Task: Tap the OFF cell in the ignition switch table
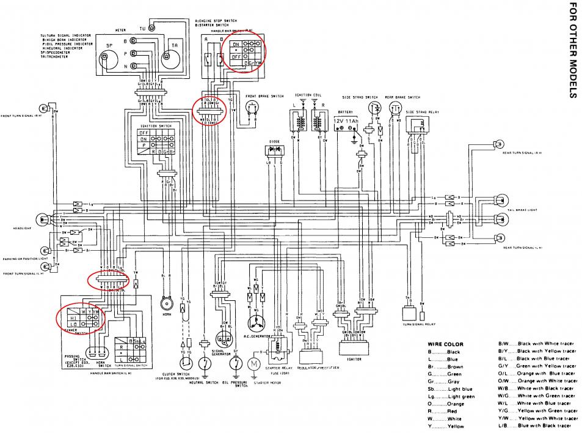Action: [x=145, y=132]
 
